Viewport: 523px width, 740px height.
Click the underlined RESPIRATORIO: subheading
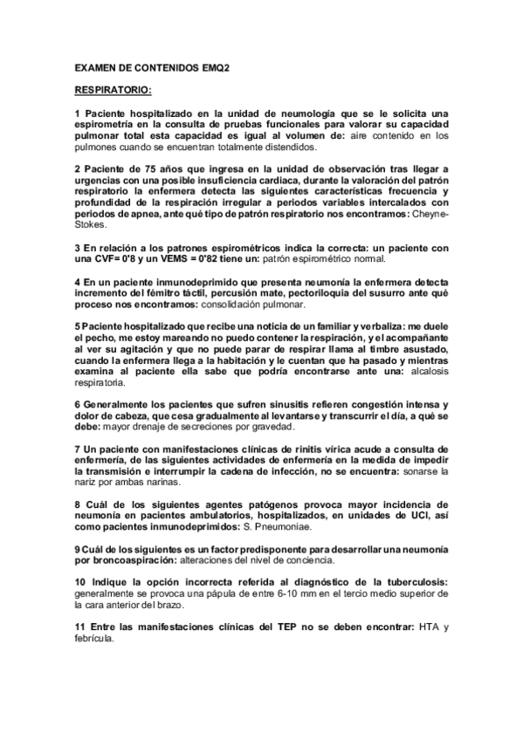pyautogui.click(x=114, y=89)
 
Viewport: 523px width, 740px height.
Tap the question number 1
pyautogui.click(x=78, y=113)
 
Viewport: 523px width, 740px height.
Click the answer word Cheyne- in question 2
pyautogui.click(x=429, y=214)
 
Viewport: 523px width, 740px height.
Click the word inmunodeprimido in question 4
pyautogui.click(x=186, y=282)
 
